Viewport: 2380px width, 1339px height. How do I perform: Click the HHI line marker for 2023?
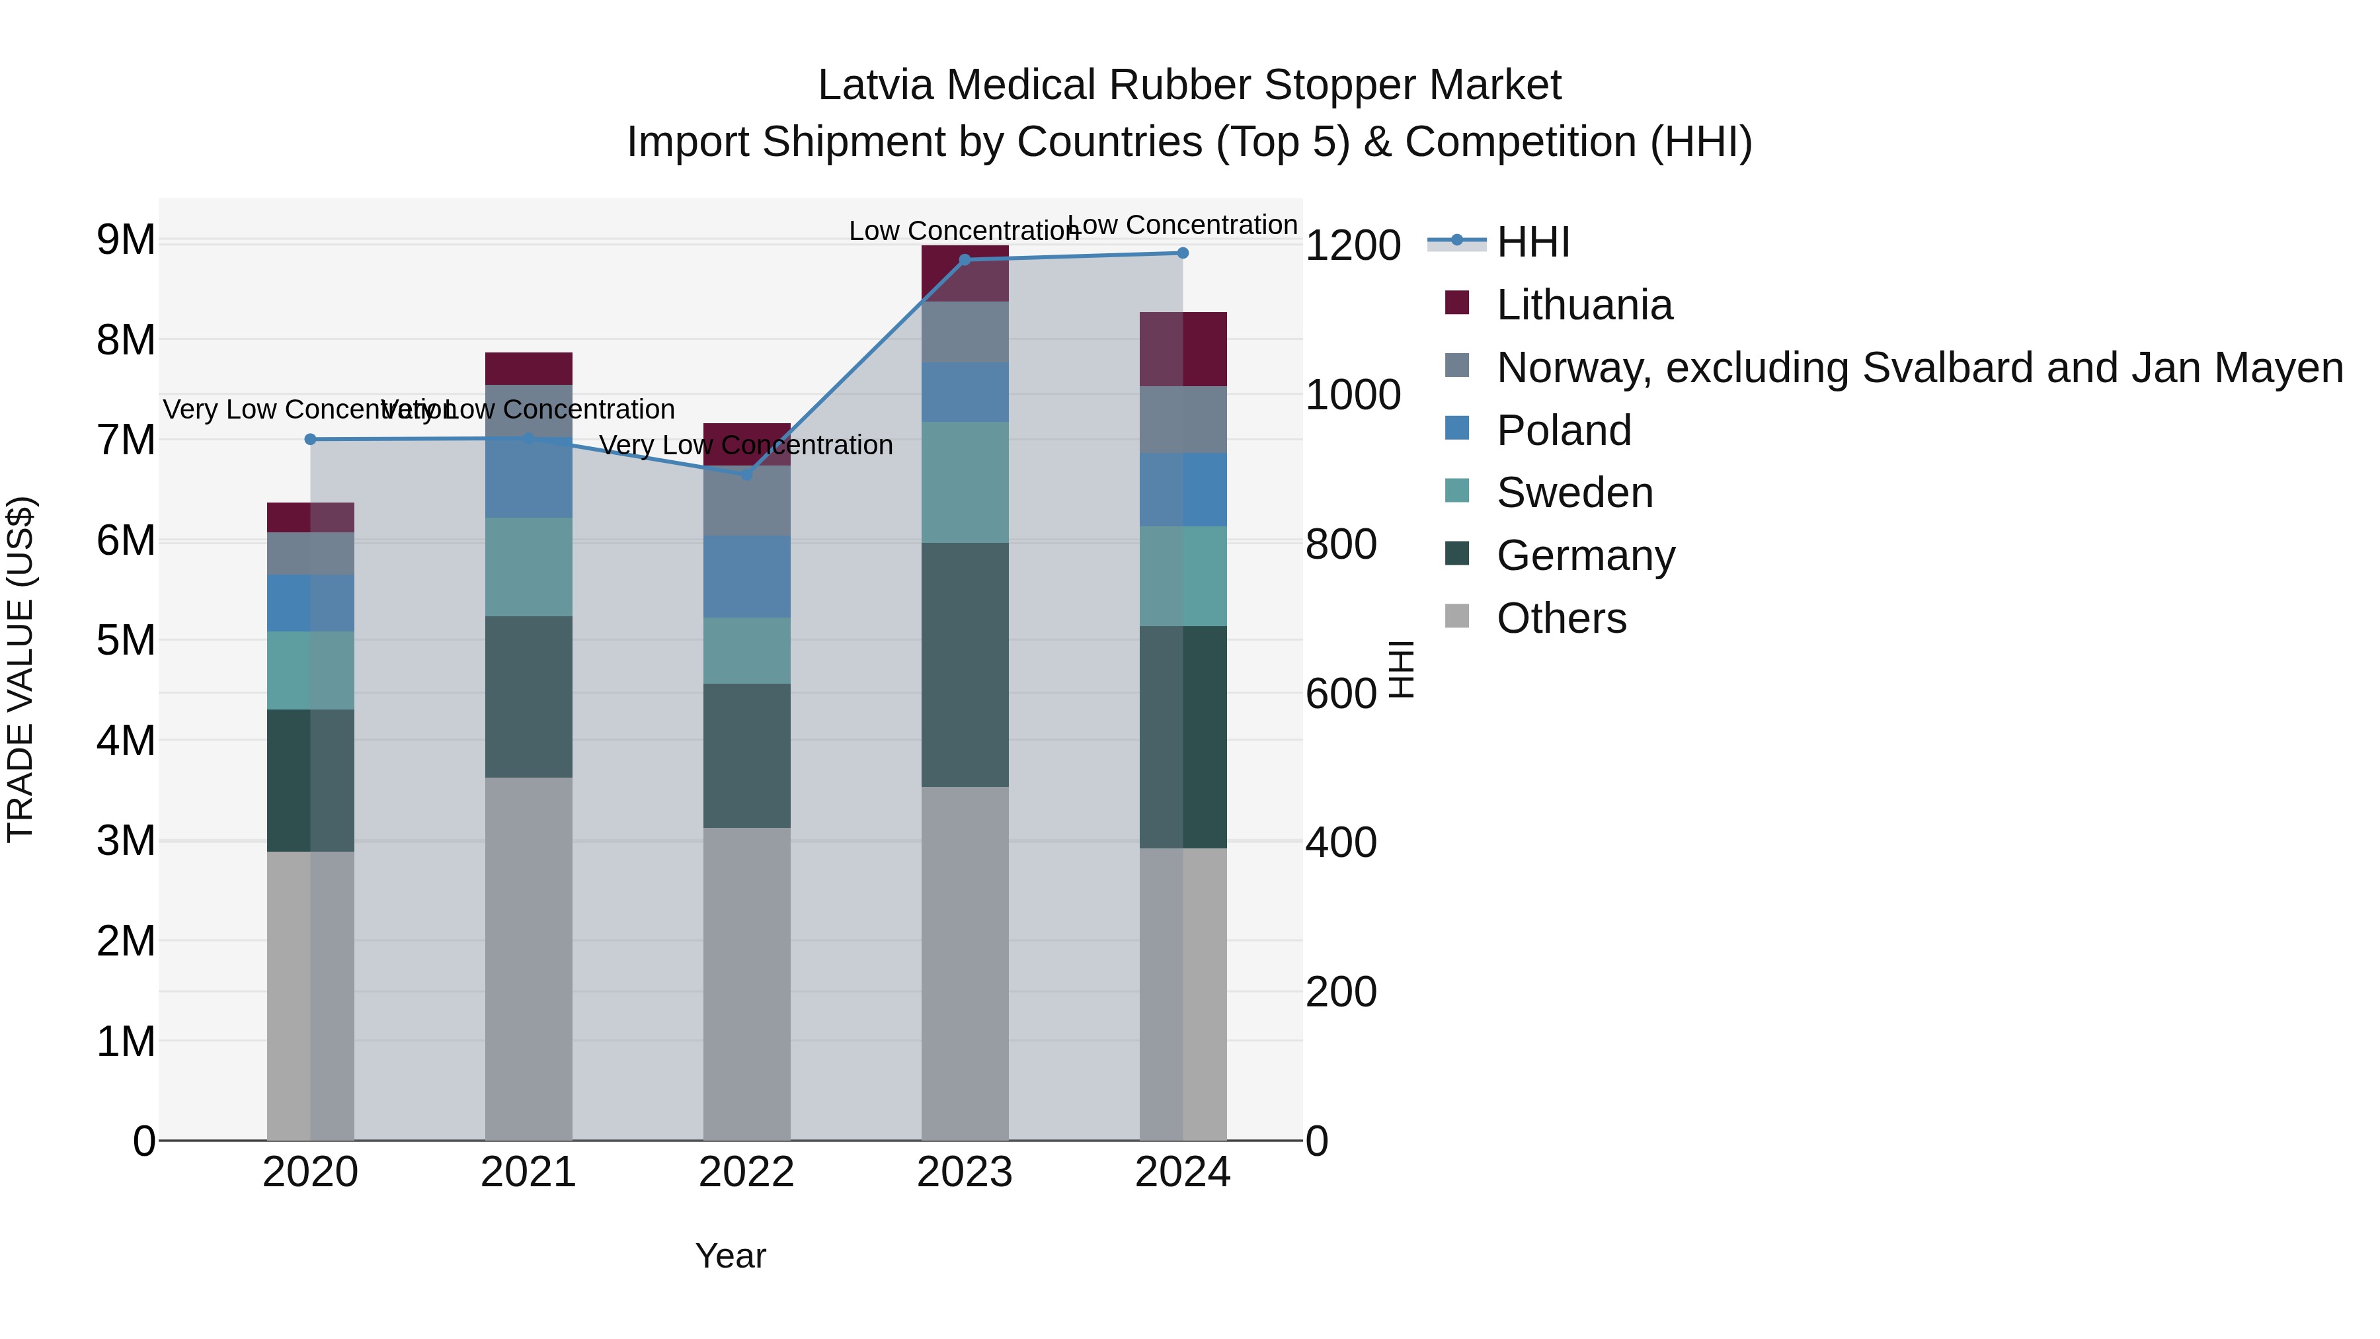coord(965,260)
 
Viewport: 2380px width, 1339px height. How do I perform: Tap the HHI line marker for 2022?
coord(746,474)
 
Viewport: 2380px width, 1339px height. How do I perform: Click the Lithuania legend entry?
coord(1583,305)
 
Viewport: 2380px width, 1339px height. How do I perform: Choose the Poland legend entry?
coord(1564,430)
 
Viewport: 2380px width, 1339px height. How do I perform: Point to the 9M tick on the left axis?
coord(126,240)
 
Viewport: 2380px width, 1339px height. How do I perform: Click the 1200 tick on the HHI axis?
coord(1353,246)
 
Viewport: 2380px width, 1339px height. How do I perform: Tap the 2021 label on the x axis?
coord(528,1172)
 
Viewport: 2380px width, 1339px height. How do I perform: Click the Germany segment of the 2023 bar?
coord(965,665)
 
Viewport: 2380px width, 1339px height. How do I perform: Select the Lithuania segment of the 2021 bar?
coord(528,368)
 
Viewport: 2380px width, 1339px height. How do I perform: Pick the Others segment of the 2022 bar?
coord(746,983)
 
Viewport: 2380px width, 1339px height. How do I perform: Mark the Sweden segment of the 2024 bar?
coord(1183,576)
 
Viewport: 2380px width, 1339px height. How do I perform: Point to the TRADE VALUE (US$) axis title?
coord(20,669)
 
